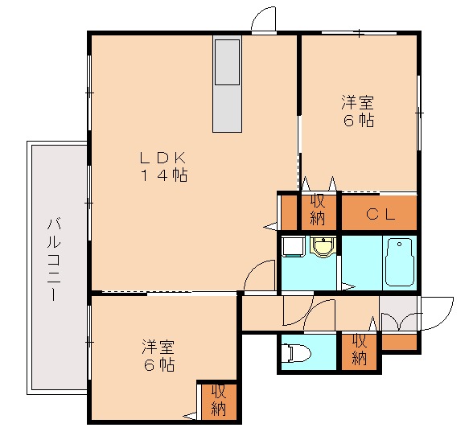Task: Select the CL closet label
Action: pyautogui.click(x=380, y=214)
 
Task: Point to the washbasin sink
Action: pyautogui.click(x=323, y=249)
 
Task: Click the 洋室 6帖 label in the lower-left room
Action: pyautogui.click(x=157, y=355)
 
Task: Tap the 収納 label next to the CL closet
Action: pyautogui.click(x=318, y=209)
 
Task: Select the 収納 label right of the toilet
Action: pyautogui.click(x=360, y=351)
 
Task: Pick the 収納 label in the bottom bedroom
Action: pyautogui.click(x=219, y=400)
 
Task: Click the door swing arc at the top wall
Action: pyautogui.click(x=264, y=21)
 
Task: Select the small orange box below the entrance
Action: pyautogui.click(x=400, y=342)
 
